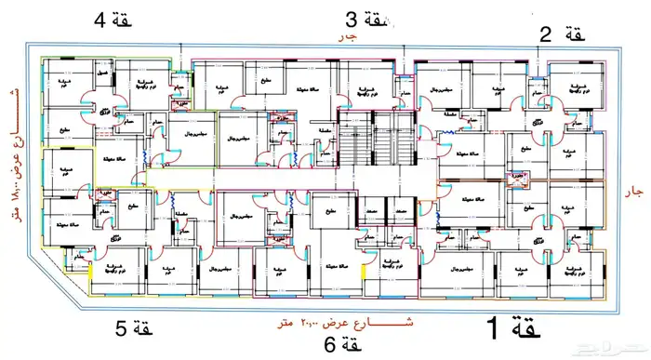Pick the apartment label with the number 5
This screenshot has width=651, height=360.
(x=132, y=328)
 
